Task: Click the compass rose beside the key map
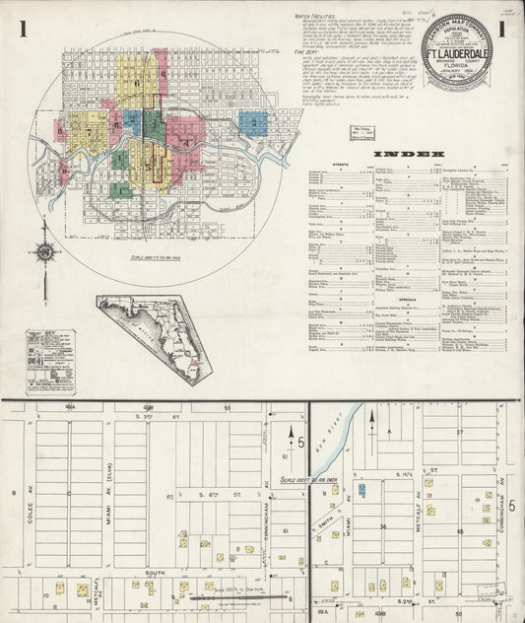coord(46,253)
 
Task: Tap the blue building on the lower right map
coord(361,488)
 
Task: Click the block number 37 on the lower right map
coord(459,432)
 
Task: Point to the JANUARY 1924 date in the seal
coord(460,69)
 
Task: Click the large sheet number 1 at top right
coord(501,32)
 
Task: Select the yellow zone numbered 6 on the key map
coord(136,84)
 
